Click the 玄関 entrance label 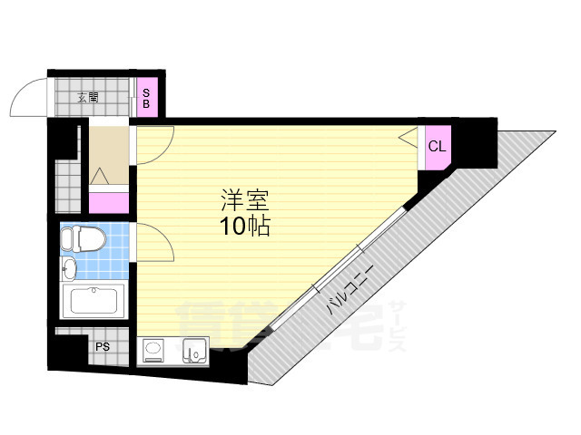(x=88, y=98)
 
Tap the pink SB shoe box (x=147, y=97)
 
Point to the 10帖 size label (x=245, y=226)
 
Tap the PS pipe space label (x=103, y=347)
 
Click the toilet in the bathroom (x=83, y=239)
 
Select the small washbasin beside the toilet (x=69, y=268)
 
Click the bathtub (x=94, y=301)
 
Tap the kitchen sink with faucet (x=194, y=351)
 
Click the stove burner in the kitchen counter (x=153, y=349)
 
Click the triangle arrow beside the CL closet (x=408, y=137)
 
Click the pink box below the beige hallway (x=109, y=203)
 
